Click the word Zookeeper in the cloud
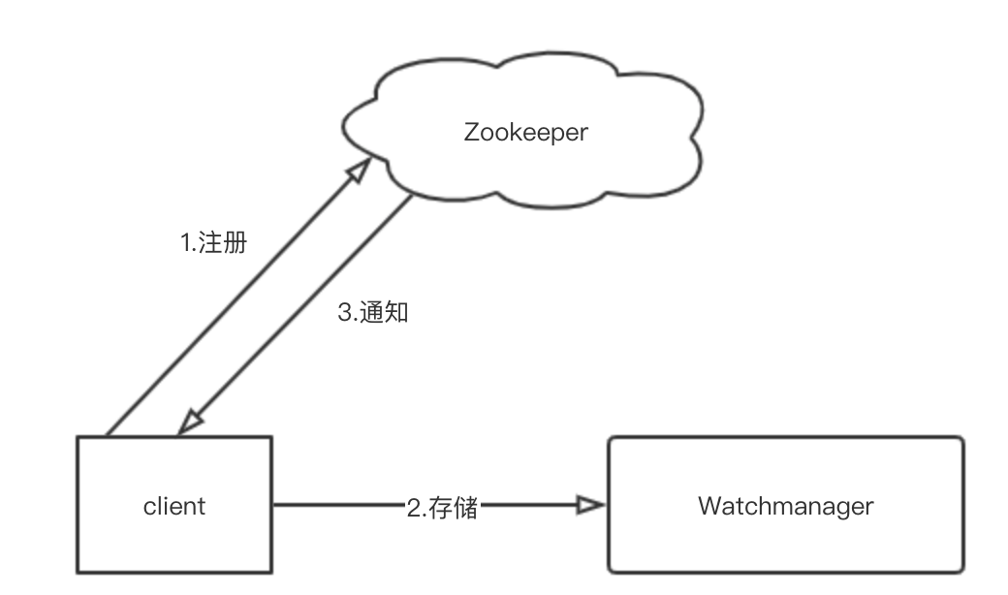(525, 132)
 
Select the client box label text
(174, 505)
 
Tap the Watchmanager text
(785, 505)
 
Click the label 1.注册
(214, 242)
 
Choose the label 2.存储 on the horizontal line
(441, 507)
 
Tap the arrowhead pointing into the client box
(188, 423)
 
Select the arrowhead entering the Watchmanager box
(589, 505)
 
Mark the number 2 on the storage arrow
(411, 507)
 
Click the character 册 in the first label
(235, 242)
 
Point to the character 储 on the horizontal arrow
(466, 507)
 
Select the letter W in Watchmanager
(709, 505)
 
